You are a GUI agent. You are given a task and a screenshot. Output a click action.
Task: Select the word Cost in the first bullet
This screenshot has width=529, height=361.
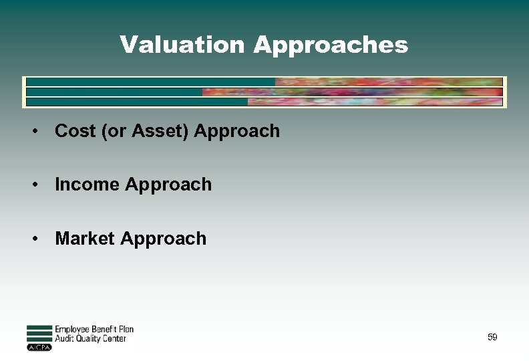[75, 131]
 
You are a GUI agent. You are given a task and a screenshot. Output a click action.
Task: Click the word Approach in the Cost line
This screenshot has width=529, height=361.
[237, 132]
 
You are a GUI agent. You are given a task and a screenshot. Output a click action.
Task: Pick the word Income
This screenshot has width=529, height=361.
[87, 185]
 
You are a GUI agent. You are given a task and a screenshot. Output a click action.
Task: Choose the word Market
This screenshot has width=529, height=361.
[84, 239]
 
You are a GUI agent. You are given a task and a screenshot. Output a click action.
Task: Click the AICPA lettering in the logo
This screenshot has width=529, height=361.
[39, 348]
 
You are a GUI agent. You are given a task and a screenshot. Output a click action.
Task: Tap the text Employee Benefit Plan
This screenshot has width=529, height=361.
[94, 329]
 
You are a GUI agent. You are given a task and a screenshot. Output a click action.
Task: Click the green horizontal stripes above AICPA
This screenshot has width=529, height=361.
[39, 334]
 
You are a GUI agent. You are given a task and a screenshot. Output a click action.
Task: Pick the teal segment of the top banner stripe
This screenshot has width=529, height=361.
[150, 82]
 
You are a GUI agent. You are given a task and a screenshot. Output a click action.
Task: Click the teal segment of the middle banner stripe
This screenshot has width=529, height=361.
[114, 92]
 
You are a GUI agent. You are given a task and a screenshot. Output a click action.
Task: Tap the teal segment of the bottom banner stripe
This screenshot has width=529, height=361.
[137, 102]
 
